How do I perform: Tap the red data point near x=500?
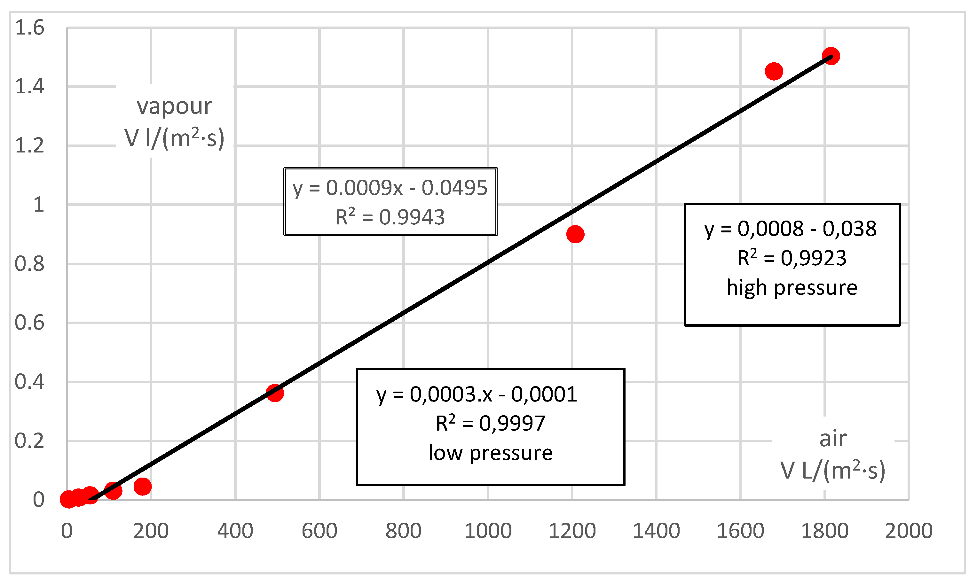click(275, 393)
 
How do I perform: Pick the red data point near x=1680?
click(774, 71)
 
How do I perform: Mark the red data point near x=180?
click(142, 487)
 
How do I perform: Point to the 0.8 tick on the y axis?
click(29, 264)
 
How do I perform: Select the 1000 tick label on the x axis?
click(488, 531)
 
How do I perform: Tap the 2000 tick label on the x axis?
click(909, 531)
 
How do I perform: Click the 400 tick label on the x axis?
click(235, 531)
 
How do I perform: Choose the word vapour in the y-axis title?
click(174, 106)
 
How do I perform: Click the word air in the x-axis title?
click(833, 438)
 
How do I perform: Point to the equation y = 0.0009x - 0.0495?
click(390, 188)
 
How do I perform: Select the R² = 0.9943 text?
click(390, 217)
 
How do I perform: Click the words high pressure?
click(792, 287)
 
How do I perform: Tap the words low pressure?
click(491, 453)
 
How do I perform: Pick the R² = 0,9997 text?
click(491, 423)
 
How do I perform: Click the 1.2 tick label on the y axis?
click(29, 146)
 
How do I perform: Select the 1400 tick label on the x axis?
click(656, 531)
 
